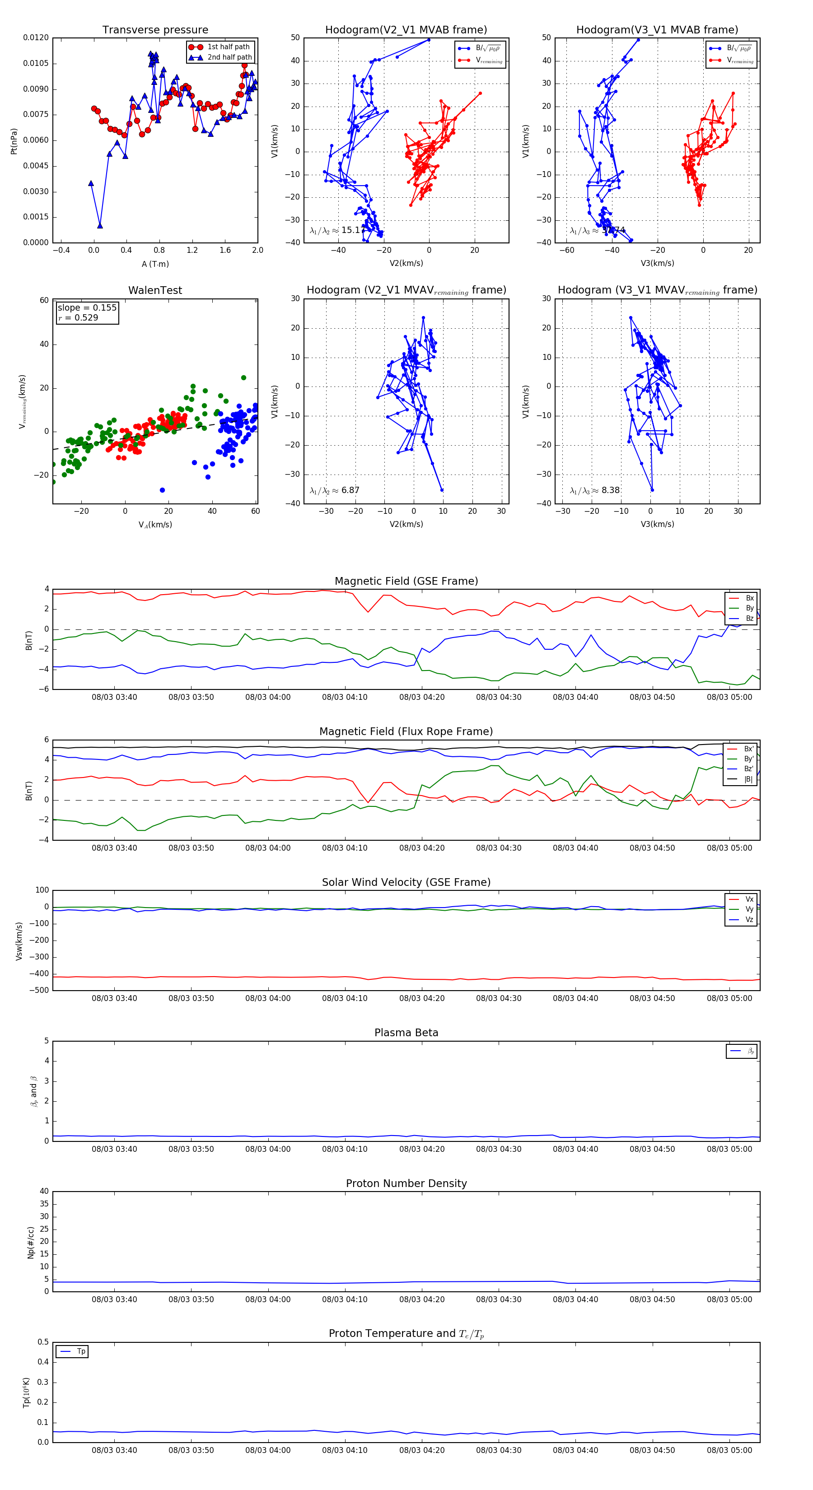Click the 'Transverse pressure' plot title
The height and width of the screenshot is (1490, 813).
click(x=155, y=30)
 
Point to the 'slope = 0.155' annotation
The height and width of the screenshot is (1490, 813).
click(x=87, y=308)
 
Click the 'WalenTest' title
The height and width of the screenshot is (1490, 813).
click(x=155, y=290)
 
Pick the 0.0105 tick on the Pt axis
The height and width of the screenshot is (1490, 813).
click(x=36, y=63)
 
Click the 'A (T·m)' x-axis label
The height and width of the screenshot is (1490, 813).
click(x=155, y=264)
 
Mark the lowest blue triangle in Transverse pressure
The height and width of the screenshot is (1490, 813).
click(x=100, y=226)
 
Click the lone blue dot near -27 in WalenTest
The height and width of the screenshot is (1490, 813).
click(x=162, y=490)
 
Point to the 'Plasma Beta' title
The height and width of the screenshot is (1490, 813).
click(x=406, y=1033)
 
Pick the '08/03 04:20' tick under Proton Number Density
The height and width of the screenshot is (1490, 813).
click(x=422, y=1299)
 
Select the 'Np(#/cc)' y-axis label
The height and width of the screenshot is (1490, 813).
click(x=31, y=1242)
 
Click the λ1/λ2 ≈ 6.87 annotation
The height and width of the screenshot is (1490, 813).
click(x=334, y=490)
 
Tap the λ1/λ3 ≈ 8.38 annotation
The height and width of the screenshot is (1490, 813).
click(x=594, y=490)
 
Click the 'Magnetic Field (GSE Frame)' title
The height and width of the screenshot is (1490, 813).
click(x=406, y=581)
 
